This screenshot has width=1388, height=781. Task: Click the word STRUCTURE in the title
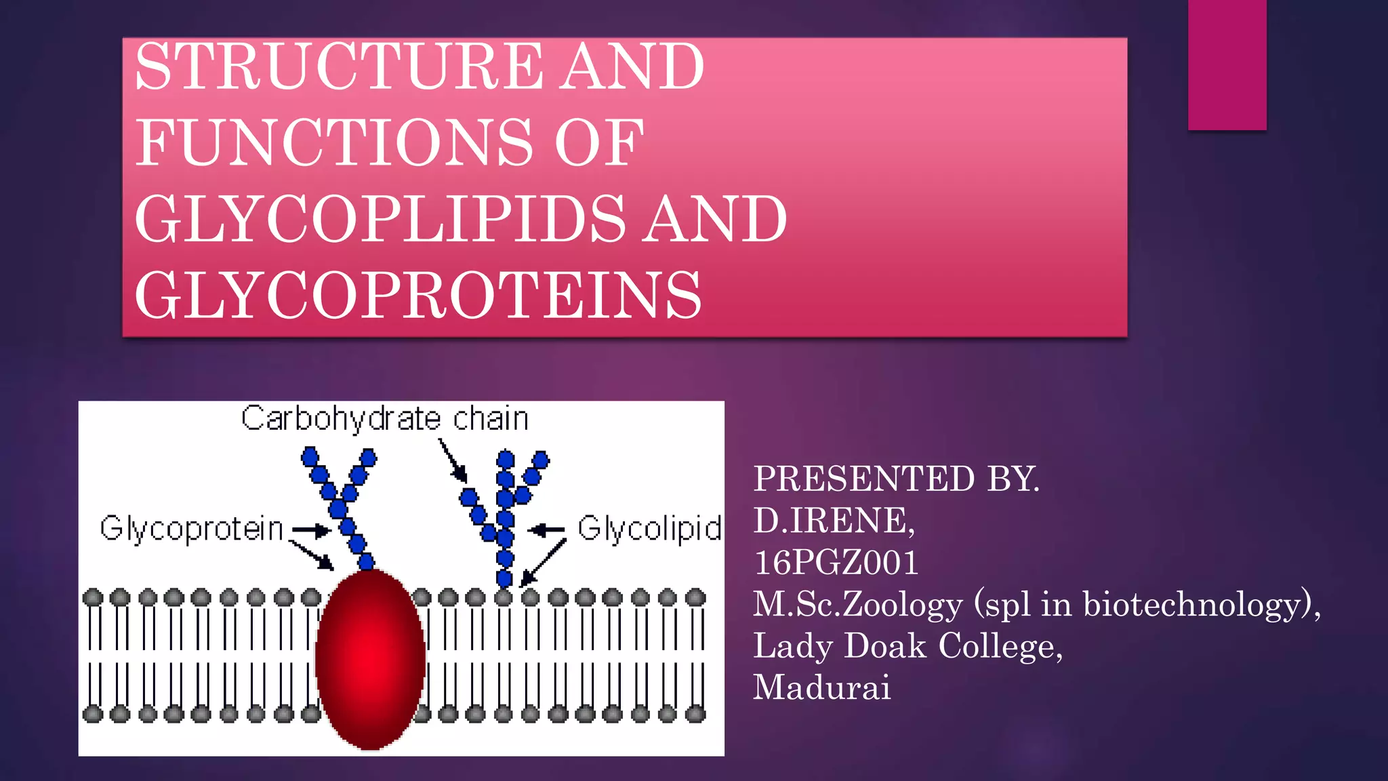click(339, 66)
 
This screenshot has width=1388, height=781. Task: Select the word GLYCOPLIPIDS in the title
click(380, 218)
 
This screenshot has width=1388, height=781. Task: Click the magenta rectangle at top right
click(1227, 64)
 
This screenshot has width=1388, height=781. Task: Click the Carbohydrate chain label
click(384, 419)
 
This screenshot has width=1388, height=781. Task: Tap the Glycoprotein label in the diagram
click(191, 529)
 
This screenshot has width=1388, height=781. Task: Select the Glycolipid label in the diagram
click(649, 529)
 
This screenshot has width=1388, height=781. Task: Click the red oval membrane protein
click(370, 659)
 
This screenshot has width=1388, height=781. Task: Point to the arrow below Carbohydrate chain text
click(453, 461)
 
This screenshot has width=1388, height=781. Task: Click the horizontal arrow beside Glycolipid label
click(546, 529)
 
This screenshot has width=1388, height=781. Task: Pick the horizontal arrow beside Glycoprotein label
click(310, 530)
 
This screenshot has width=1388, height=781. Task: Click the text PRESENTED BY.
click(896, 479)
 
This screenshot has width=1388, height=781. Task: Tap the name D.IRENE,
click(834, 521)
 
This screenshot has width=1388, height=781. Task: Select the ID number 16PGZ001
click(836, 563)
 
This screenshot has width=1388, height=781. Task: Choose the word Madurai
click(821, 687)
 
